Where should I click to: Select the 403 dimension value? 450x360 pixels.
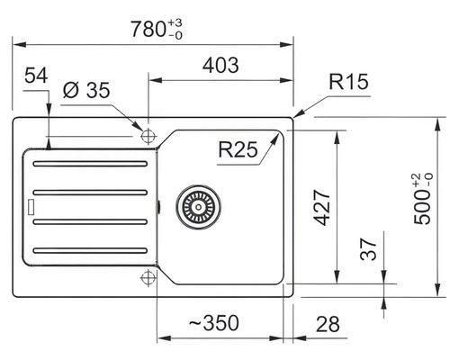pyautogui.click(x=220, y=65)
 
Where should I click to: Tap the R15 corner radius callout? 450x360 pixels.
pyautogui.click(x=348, y=81)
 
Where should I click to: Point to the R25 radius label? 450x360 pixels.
pyautogui.click(x=238, y=149)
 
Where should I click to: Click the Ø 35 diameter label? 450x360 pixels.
pyautogui.click(x=86, y=90)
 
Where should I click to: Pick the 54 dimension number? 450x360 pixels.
pyautogui.click(x=36, y=76)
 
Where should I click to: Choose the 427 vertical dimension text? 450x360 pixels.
pyautogui.click(x=321, y=207)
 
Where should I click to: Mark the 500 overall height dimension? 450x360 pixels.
pyautogui.click(x=422, y=199)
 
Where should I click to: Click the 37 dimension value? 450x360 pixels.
pyautogui.click(x=368, y=249)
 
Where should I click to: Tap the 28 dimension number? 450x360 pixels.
pyautogui.click(x=328, y=324)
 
